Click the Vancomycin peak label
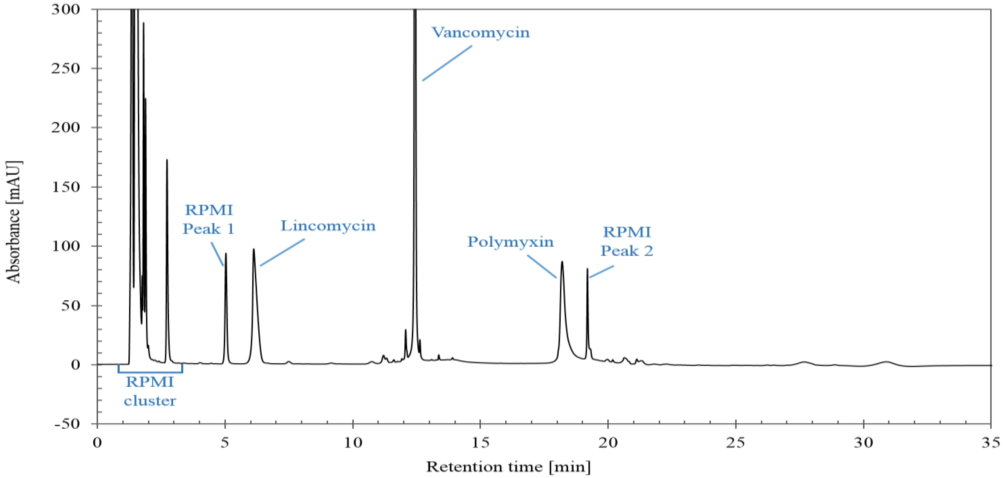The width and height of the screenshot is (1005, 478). coord(481,32)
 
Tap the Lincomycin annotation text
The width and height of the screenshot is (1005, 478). coord(328,226)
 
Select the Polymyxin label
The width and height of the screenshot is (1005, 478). coord(510,242)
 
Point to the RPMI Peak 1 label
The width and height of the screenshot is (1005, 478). coord(208,219)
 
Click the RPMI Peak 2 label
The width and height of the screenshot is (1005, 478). coord(627,241)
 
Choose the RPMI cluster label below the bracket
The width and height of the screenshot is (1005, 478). coord(150,391)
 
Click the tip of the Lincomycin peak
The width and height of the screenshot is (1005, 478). coord(254,249)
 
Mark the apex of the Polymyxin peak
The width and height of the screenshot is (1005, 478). coord(562,262)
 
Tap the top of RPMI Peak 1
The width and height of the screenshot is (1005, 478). coord(225,254)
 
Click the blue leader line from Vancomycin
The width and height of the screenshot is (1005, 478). coord(447,63)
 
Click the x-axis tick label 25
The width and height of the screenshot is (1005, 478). coord(735,443)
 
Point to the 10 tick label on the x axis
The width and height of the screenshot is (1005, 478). coord(353,443)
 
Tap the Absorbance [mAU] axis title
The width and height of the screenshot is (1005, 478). coord(14,222)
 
